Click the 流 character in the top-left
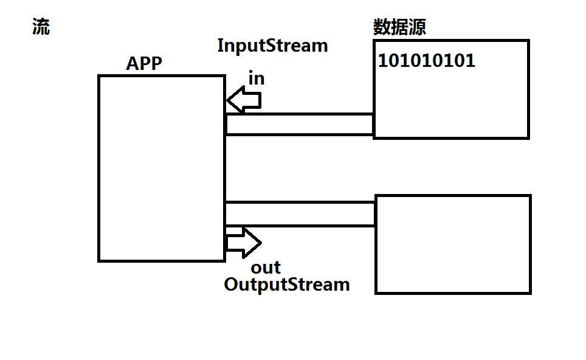(41, 27)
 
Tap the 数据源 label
(399, 27)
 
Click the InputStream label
(272, 46)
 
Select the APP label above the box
(144, 63)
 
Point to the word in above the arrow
(256, 78)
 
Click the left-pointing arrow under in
(243, 99)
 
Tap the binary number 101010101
(427, 61)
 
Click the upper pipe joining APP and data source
(298, 124)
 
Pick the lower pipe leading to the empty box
(300, 214)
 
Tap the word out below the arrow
(266, 268)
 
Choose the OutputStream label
(287, 284)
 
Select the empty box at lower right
(453, 244)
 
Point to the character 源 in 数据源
(417, 27)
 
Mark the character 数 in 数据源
(382, 27)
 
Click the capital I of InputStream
(221, 46)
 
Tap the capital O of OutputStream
(230, 284)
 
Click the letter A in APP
(132, 63)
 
